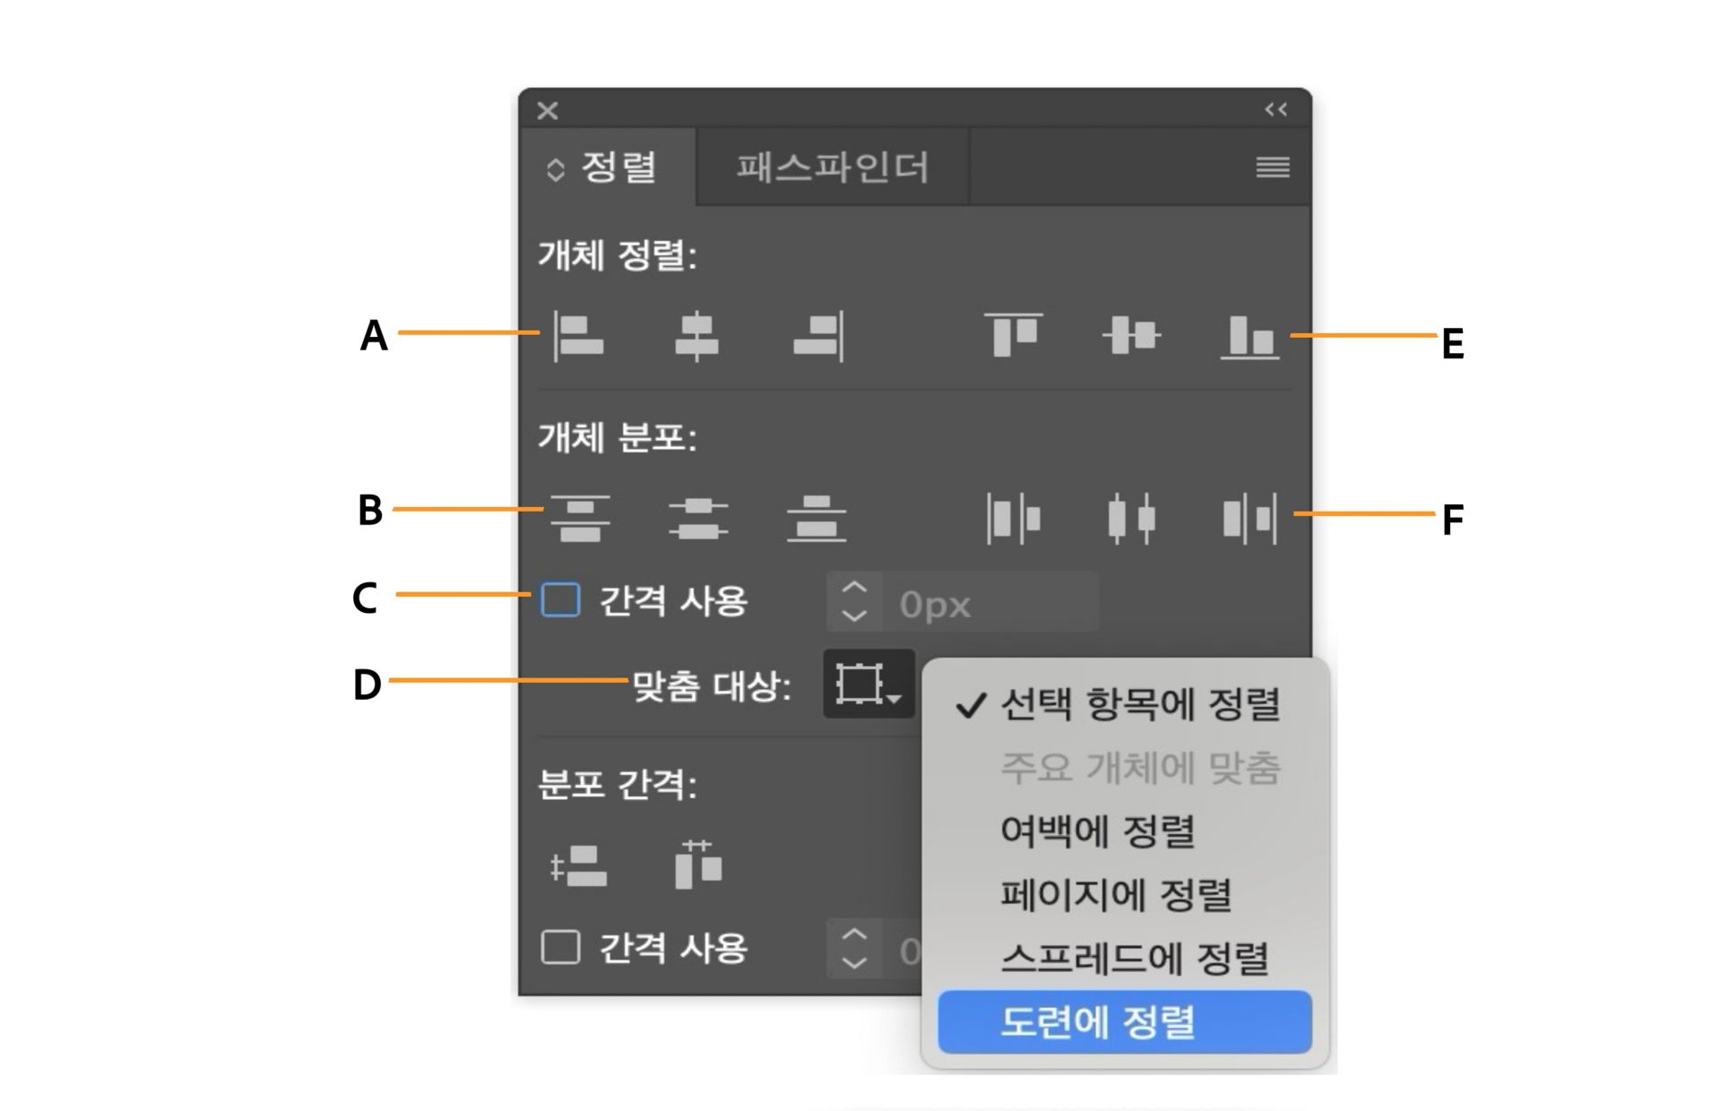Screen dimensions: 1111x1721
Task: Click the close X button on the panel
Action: click(x=548, y=110)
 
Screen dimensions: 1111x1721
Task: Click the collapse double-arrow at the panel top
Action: click(x=1276, y=109)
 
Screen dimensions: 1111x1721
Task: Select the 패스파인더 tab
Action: click(x=833, y=168)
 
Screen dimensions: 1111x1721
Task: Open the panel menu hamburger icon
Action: click(x=1273, y=168)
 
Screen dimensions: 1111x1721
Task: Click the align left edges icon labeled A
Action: click(x=578, y=337)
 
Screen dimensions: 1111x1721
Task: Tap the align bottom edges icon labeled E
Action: click(x=1250, y=337)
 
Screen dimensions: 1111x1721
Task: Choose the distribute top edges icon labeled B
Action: click(x=580, y=518)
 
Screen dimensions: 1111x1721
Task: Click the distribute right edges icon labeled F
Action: click(x=1250, y=518)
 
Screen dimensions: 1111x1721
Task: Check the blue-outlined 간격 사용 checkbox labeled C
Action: click(x=560, y=600)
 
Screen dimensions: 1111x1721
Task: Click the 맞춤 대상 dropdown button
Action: click(x=868, y=685)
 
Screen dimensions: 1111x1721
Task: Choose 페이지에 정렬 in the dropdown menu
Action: click(x=1116, y=894)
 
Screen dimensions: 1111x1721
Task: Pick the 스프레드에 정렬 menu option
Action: click(x=1134, y=958)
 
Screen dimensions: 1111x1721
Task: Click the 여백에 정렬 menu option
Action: click(x=1097, y=831)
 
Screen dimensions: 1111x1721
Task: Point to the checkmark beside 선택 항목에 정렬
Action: click(x=971, y=706)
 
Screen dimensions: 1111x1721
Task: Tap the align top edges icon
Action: click(x=1013, y=335)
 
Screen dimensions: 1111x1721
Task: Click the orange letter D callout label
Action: click(x=367, y=685)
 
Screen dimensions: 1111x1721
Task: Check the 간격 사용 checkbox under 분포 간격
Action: click(x=560, y=947)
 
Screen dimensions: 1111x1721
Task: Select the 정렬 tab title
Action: click(x=618, y=168)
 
